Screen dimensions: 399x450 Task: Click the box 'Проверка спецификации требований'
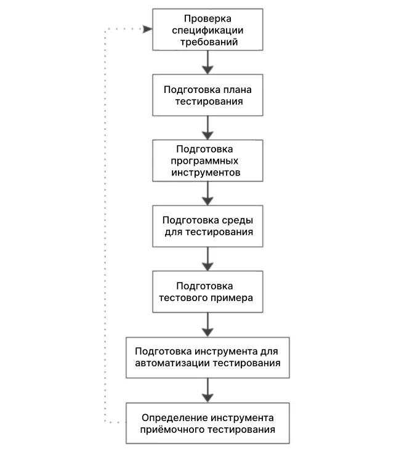click(208, 30)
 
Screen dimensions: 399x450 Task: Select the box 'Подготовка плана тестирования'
click(208, 95)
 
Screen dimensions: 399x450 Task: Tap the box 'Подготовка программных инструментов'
click(208, 161)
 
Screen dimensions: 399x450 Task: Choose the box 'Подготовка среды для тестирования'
click(208, 226)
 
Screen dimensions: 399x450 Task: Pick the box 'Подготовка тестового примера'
click(208, 292)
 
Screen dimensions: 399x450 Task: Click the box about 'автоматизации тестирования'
click(208, 358)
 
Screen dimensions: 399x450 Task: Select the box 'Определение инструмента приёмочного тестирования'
click(208, 423)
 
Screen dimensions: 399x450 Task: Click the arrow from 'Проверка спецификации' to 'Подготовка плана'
click(208, 62)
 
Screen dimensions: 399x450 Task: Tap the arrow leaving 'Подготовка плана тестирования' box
click(208, 127)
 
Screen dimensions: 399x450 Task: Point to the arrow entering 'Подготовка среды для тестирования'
click(208, 193)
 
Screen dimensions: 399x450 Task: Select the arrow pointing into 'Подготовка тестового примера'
click(208, 259)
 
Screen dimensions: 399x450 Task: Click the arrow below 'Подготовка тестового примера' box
click(208, 325)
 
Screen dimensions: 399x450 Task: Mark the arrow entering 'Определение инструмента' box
click(208, 390)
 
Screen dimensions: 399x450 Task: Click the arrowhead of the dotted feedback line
click(148, 29)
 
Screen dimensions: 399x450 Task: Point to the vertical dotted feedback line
click(105, 225)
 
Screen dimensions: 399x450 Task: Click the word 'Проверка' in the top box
click(208, 18)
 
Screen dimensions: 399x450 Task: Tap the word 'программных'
click(204, 161)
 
